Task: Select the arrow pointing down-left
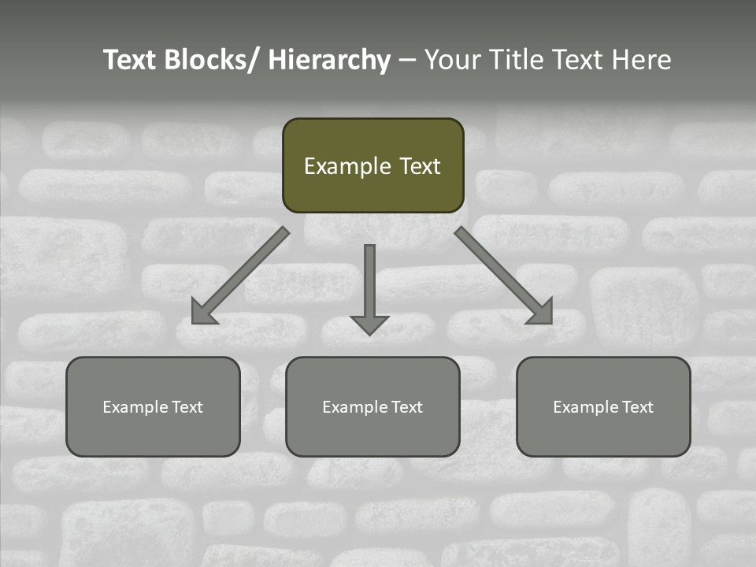(x=240, y=276)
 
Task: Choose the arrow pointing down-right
(x=504, y=276)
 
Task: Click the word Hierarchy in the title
(x=329, y=60)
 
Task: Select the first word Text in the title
(x=131, y=60)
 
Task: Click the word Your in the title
(x=451, y=60)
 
